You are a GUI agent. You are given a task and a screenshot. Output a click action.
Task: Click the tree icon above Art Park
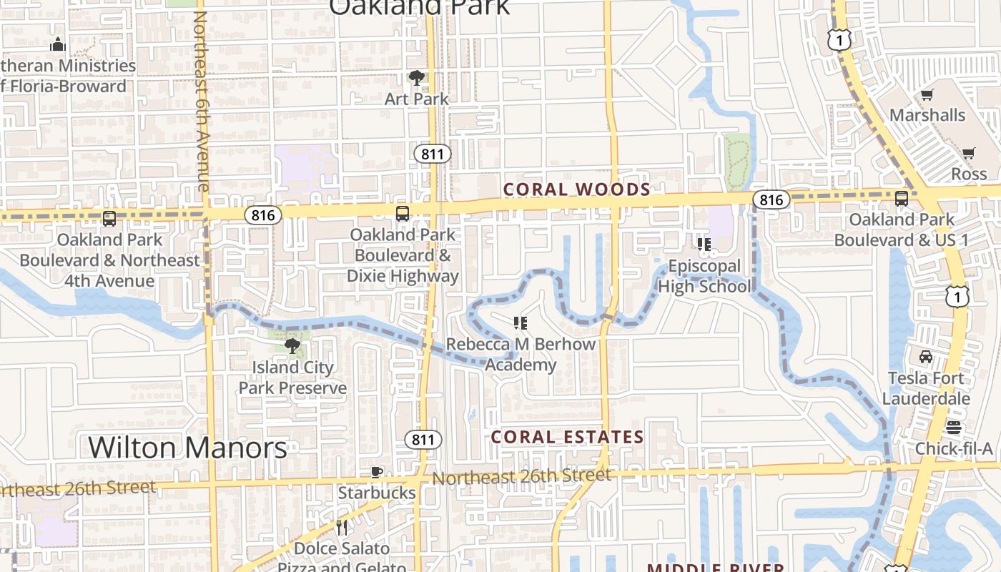pyautogui.click(x=416, y=77)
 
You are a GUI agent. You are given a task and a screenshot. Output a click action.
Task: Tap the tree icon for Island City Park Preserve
pyautogui.click(x=292, y=346)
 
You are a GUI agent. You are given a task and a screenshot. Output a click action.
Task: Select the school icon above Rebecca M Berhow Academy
pyautogui.click(x=521, y=323)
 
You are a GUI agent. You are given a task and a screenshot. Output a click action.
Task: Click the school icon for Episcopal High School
pyautogui.click(x=704, y=245)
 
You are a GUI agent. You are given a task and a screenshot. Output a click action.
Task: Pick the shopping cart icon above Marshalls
pyautogui.click(x=927, y=94)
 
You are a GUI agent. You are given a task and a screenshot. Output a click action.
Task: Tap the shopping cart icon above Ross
pyautogui.click(x=969, y=153)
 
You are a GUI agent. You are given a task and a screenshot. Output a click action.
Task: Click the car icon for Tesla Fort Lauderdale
pyautogui.click(x=926, y=356)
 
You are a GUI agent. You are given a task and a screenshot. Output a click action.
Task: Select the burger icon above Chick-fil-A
pyautogui.click(x=954, y=428)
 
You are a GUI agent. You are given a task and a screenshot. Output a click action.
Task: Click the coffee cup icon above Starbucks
pyautogui.click(x=377, y=472)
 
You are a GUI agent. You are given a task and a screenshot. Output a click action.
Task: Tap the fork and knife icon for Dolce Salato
pyautogui.click(x=342, y=528)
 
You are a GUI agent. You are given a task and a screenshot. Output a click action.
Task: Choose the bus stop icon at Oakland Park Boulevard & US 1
pyautogui.click(x=902, y=199)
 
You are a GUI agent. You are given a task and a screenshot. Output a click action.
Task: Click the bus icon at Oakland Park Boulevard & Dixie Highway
pyautogui.click(x=403, y=213)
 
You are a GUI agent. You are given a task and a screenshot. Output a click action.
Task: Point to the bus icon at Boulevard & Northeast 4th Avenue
pyautogui.click(x=109, y=219)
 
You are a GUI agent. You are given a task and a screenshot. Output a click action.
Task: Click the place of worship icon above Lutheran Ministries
pyautogui.click(x=58, y=45)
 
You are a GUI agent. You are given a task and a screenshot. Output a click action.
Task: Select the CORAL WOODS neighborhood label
pyautogui.click(x=577, y=189)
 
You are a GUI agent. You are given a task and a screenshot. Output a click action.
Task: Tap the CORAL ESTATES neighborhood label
pyautogui.click(x=568, y=437)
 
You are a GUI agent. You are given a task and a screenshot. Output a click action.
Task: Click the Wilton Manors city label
pyautogui.click(x=188, y=448)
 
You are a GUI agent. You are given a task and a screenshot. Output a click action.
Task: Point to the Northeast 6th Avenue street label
pyautogui.click(x=202, y=100)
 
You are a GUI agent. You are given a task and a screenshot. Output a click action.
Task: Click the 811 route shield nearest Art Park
pyautogui.click(x=432, y=154)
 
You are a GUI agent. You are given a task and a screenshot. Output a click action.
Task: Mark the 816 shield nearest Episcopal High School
pyautogui.click(x=771, y=200)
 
